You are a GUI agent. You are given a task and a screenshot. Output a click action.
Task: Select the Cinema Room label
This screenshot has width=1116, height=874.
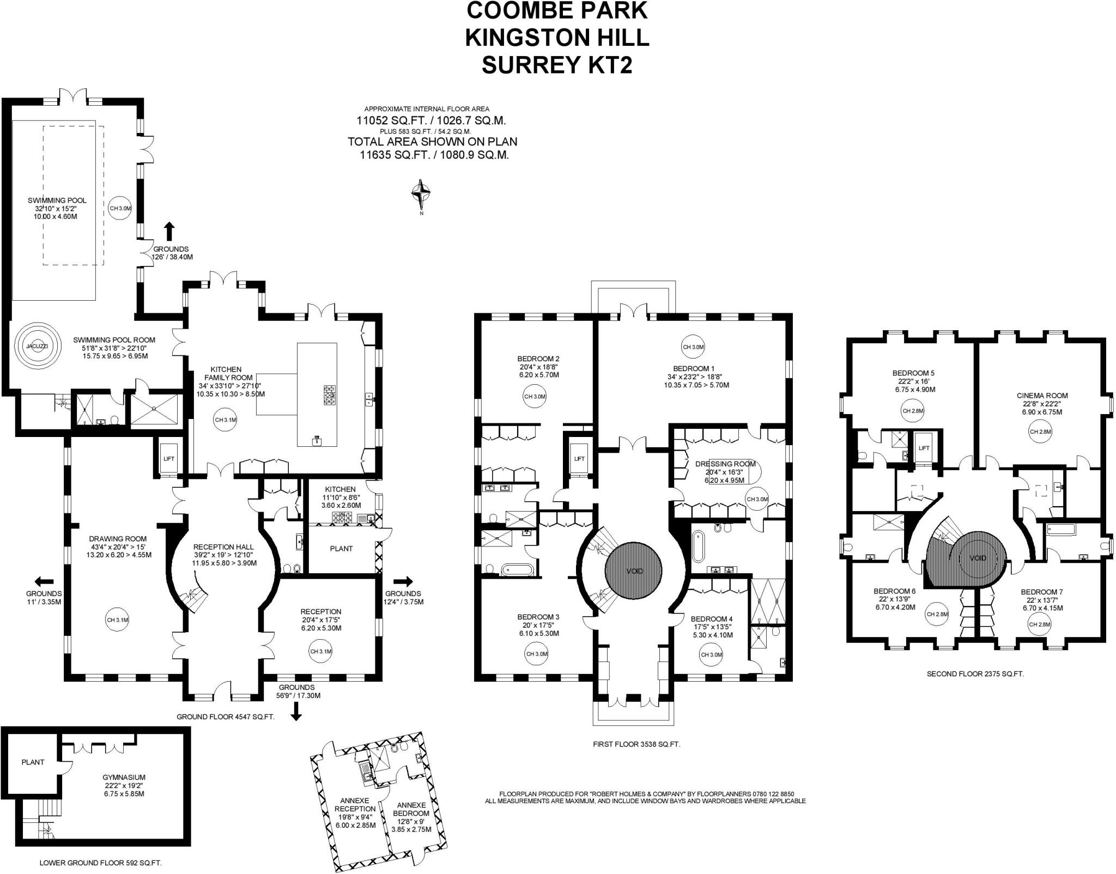pos(1042,396)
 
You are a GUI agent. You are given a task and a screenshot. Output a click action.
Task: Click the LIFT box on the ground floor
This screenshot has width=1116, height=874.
pos(169,458)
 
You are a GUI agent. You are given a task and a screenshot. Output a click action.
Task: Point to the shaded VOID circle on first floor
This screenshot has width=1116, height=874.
pos(634,570)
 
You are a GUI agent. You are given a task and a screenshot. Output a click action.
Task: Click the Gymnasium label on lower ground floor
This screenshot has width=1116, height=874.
pos(124,778)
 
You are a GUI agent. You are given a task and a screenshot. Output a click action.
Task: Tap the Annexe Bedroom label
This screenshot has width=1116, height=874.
pos(411,809)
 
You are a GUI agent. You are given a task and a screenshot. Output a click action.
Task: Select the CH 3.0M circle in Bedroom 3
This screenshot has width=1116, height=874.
pos(537,654)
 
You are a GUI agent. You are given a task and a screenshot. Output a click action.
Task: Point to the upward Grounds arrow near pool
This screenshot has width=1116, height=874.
pos(169,231)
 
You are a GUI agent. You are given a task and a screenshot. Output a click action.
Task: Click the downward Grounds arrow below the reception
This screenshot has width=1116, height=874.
pos(296,712)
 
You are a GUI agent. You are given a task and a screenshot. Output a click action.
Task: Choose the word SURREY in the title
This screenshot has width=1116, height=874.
pos(524,65)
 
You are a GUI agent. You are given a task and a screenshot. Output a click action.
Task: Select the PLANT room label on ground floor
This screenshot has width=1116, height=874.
pos(341,549)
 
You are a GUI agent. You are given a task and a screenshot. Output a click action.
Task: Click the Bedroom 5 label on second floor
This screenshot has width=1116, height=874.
pos(913,373)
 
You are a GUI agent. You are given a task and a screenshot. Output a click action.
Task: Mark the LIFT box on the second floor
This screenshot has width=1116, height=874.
pos(924,448)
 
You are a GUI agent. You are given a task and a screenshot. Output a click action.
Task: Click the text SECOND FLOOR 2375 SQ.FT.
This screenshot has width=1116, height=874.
pos(975,674)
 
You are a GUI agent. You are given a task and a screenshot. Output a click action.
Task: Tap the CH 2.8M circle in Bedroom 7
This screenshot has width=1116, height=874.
pos(1039,624)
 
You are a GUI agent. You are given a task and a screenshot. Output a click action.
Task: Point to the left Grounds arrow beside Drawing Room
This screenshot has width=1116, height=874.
pos(44,581)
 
